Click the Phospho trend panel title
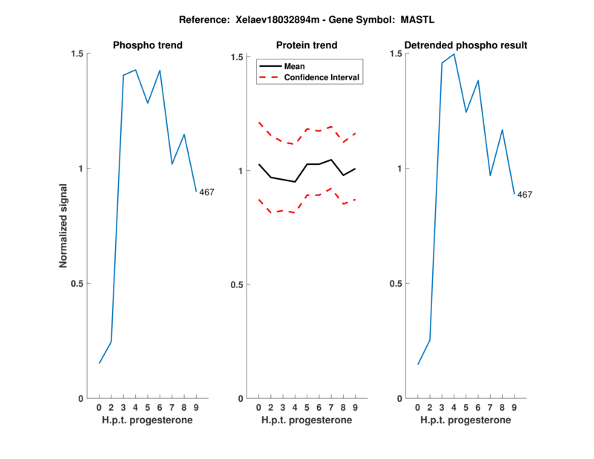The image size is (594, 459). (147, 45)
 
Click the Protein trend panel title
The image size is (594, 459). (306, 45)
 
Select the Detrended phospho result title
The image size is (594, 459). (466, 45)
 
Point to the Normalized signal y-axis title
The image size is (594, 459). (64, 226)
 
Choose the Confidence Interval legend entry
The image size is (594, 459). (322, 77)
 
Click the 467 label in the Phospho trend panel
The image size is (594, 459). (206, 192)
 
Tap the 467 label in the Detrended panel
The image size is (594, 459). (524, 195)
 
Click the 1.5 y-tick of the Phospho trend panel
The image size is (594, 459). (76, 53)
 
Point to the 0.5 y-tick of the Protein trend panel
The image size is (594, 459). (236, 284)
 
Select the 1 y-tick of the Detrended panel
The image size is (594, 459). (398, 169)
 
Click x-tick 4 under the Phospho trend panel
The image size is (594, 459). (135, 408)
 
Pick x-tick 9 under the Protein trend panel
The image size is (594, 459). (355, 408)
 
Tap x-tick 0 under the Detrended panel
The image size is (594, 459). (417, 408)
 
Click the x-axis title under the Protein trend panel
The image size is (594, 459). (306, 421)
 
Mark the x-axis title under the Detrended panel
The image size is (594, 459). (466, 421)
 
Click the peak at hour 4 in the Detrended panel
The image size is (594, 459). (454, 53)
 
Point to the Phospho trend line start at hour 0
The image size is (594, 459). (99, 363)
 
